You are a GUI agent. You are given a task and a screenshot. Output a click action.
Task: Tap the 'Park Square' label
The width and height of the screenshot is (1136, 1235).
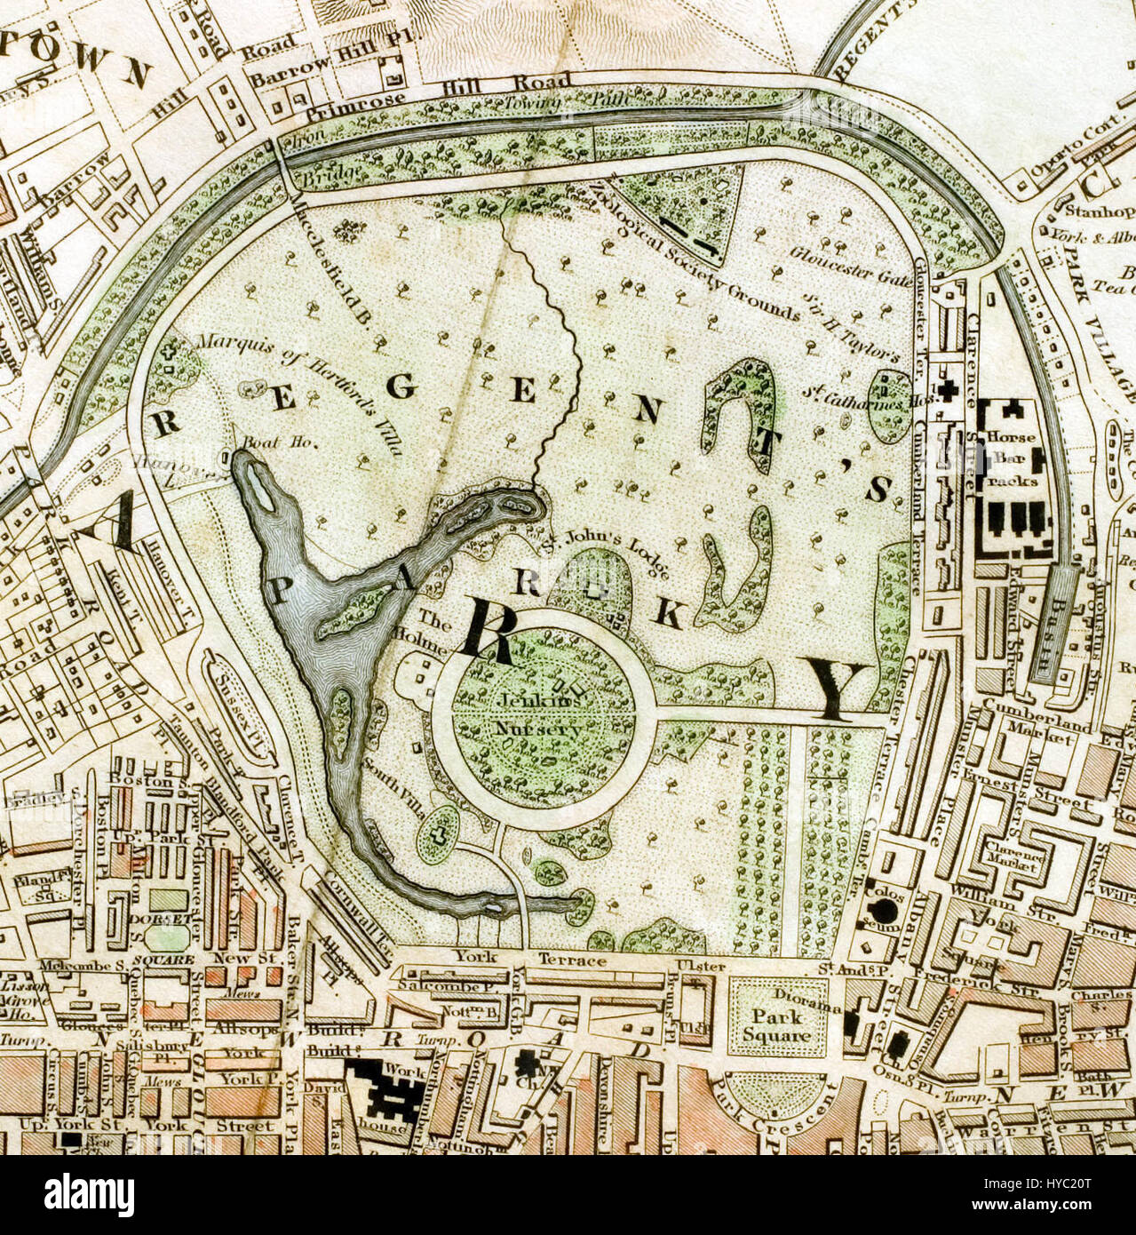[x=778, y=1025]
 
